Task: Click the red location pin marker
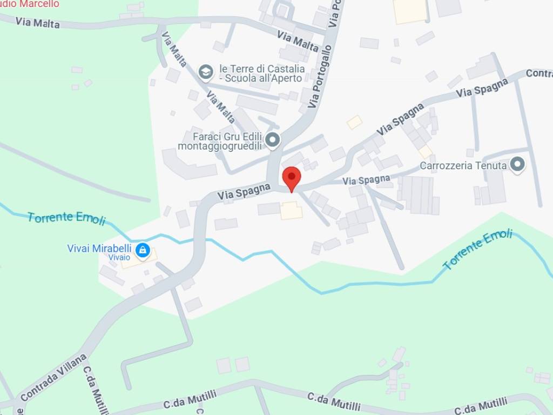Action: [292, 177]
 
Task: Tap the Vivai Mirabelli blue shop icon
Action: [143, 250]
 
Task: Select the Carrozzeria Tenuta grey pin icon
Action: [518, 165]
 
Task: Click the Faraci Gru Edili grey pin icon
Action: [273, 140]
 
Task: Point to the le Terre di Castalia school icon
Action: [205, 71]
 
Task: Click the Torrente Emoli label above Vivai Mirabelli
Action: [66, 218]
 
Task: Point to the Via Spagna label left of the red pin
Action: [244, 192]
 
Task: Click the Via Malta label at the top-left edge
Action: [38, 23]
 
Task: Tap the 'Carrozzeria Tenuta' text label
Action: [463, 165]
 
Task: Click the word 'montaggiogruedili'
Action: [220, 146]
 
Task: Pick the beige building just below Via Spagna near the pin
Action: [292, 210]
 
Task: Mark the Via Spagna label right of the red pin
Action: [366, 179]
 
